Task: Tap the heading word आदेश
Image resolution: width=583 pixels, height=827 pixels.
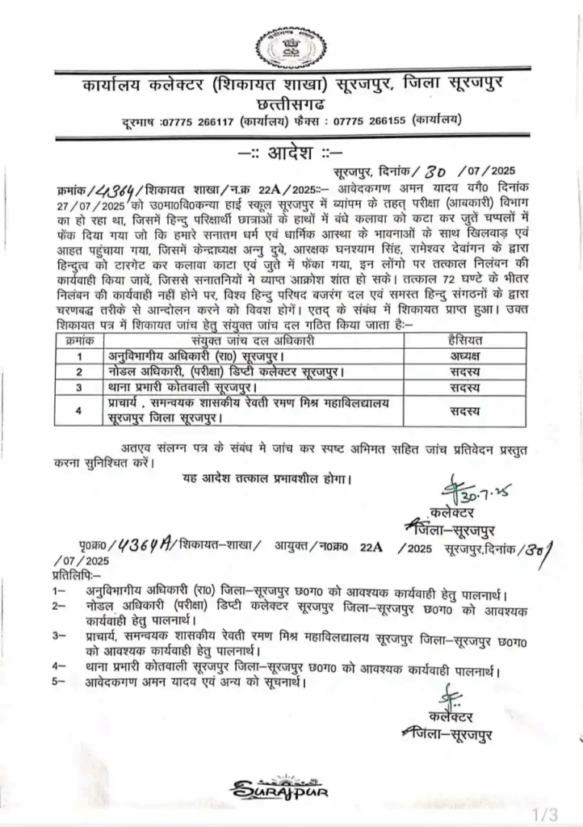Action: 290,152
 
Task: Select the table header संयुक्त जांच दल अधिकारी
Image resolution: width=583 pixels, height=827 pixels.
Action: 258,341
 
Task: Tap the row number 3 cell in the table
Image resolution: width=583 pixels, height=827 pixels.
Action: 79,387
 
